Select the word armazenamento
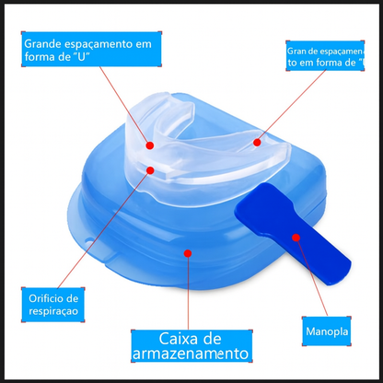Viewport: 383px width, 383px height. click(x=191, y=353)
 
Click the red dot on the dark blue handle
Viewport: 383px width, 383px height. click(x=296, y=237)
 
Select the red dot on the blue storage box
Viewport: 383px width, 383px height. click(x=188, y=250)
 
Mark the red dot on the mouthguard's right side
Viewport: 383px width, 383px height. click(x=257, y=142)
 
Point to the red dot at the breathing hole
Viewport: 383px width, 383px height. click(x=144, y=173)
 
